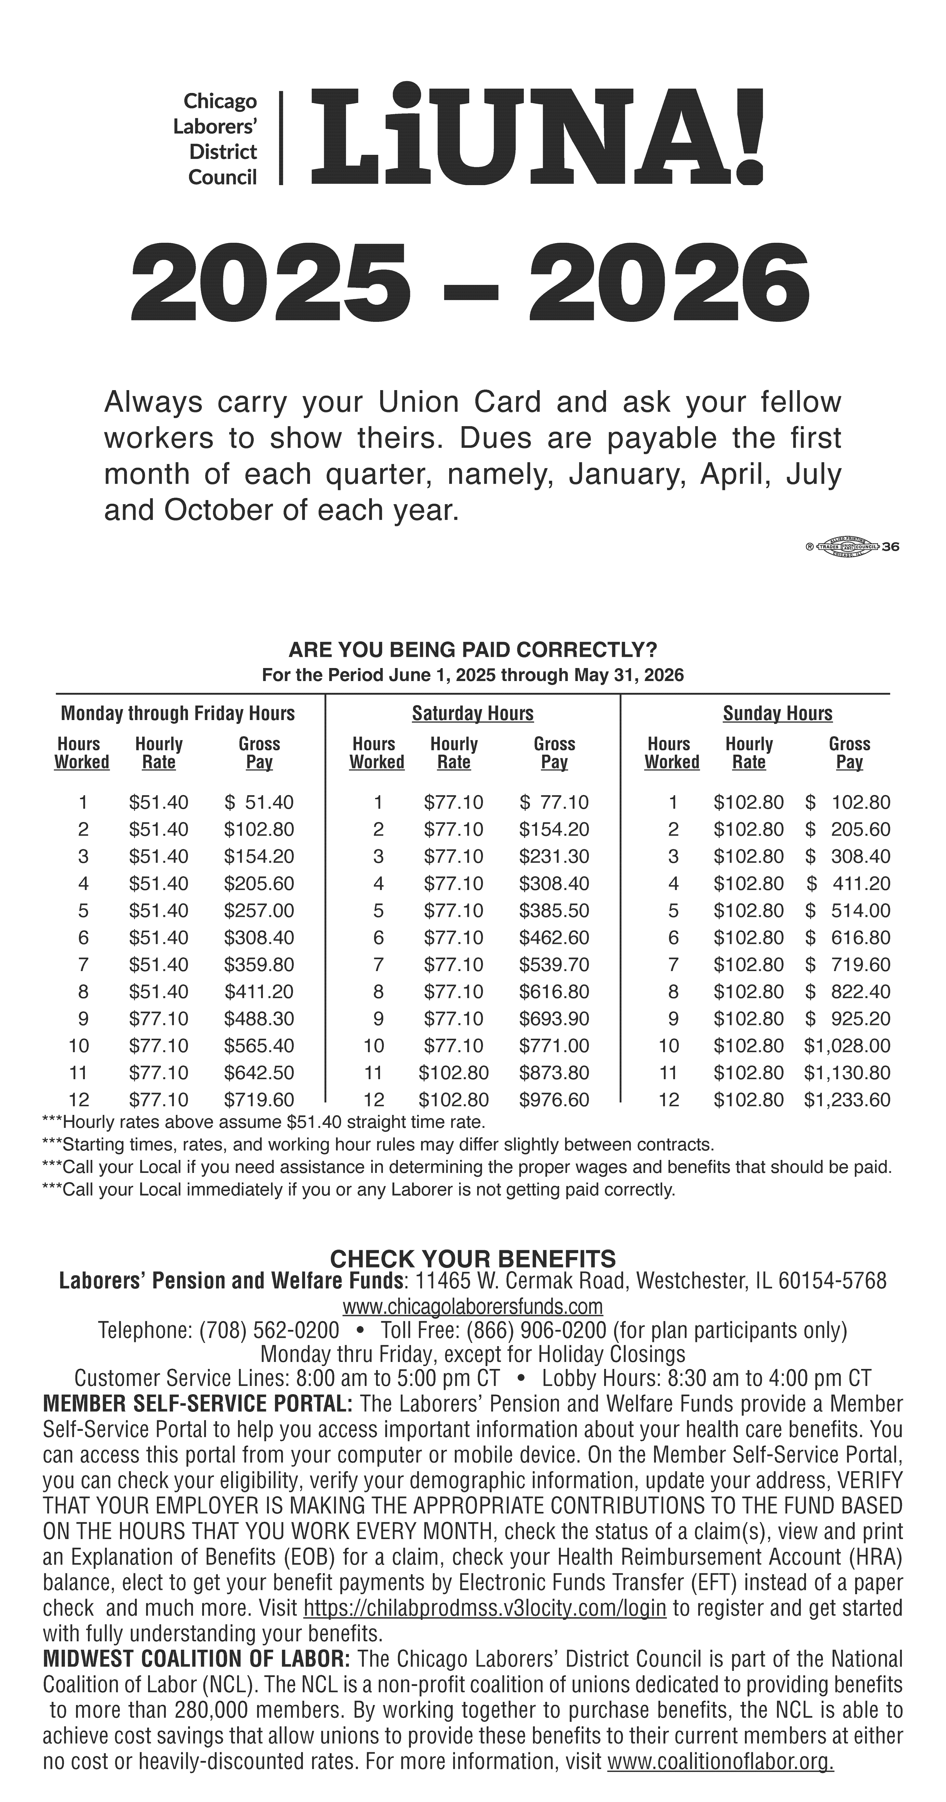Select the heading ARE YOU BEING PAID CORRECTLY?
pos(473,650)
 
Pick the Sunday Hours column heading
pos(777,714)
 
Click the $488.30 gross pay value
pos(259,1018)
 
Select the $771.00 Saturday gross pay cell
pos(554,1046)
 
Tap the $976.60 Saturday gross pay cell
pos(554,1100)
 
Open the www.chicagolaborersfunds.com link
pos(473,1306)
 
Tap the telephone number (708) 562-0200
pos(269,1330)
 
